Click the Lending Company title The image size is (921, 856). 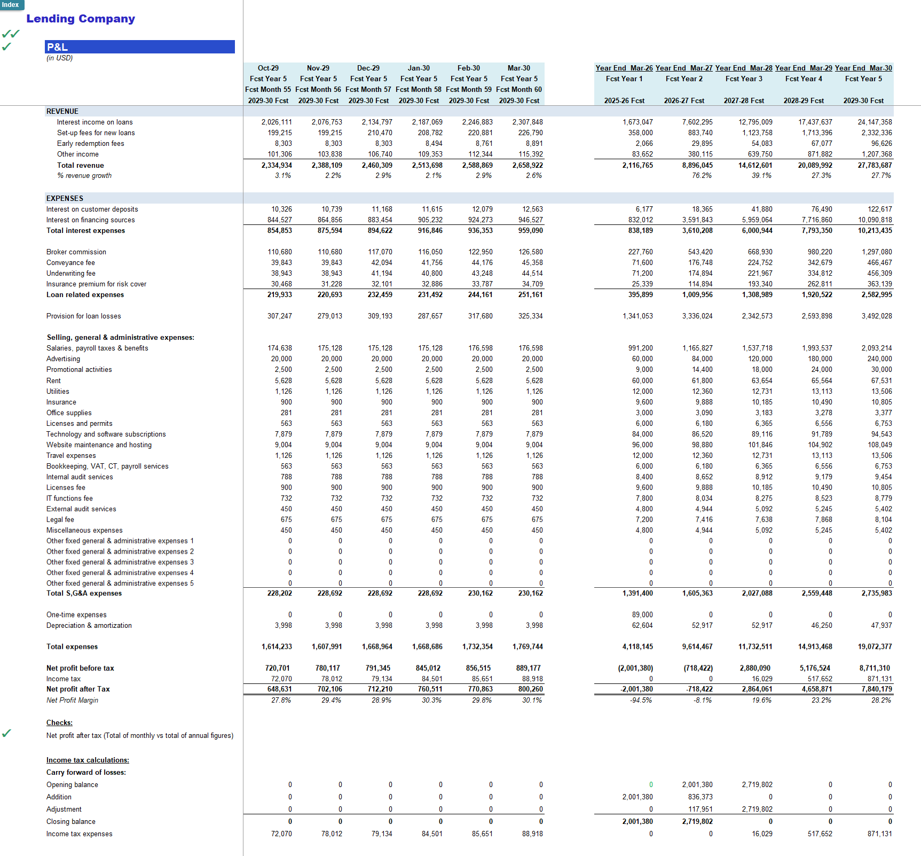coord(81,19)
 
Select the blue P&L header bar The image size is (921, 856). coord(140,47)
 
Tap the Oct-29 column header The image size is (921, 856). coord(268,68)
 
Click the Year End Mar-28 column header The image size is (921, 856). coord(744,68)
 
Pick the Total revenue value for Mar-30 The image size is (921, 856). coord(528,165)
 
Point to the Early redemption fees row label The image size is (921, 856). coord(91,143)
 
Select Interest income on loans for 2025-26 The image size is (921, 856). coord(637,122)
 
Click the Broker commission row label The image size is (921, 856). coord(76,252)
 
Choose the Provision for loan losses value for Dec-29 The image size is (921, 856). coord(380,316)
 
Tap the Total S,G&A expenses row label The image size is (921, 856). coord(84,593)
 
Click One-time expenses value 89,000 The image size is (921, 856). coord(642,614)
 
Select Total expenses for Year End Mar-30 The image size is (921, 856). coord(875,647)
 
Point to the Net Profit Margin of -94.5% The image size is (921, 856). coord(641,700)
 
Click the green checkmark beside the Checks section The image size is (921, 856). coord(6,733)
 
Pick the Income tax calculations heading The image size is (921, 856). coord(88,760)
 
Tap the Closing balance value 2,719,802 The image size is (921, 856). coord(697,821)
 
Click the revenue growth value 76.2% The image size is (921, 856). coord(702,175)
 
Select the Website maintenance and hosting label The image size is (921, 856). coord(99,445)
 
